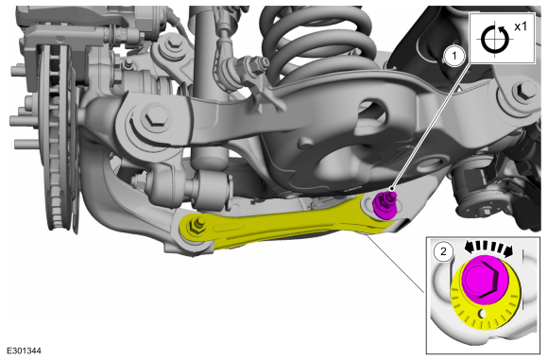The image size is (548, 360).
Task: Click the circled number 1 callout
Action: point(454,56)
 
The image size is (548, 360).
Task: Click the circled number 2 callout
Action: point(443,251)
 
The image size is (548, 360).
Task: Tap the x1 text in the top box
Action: point(521,26)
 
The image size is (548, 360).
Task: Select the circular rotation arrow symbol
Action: point(494,39)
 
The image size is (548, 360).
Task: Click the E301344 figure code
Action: point(24,351)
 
